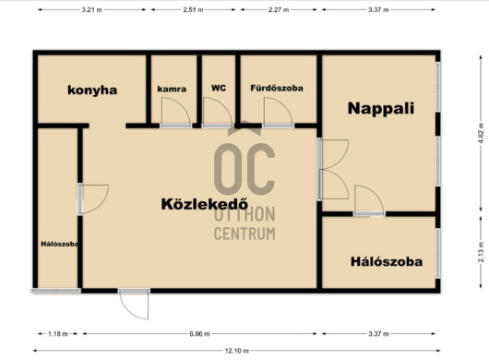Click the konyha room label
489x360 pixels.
(92, 90)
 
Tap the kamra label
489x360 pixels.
(172, 89)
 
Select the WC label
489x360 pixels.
(219, 88)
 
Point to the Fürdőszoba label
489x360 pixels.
(277, 88)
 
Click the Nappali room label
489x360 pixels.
(381, 109)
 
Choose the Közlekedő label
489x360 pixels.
(205, 204)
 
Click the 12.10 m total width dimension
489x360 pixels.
(237, 351)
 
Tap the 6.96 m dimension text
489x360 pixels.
(199, 334)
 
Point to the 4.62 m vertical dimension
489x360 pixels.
(481, 133)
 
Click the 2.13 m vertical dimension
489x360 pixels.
(481, 252)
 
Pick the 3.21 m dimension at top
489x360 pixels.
(91, 9)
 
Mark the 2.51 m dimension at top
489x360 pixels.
(193, 9)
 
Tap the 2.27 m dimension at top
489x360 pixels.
(279, 9)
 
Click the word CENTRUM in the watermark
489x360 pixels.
(244, 234)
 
